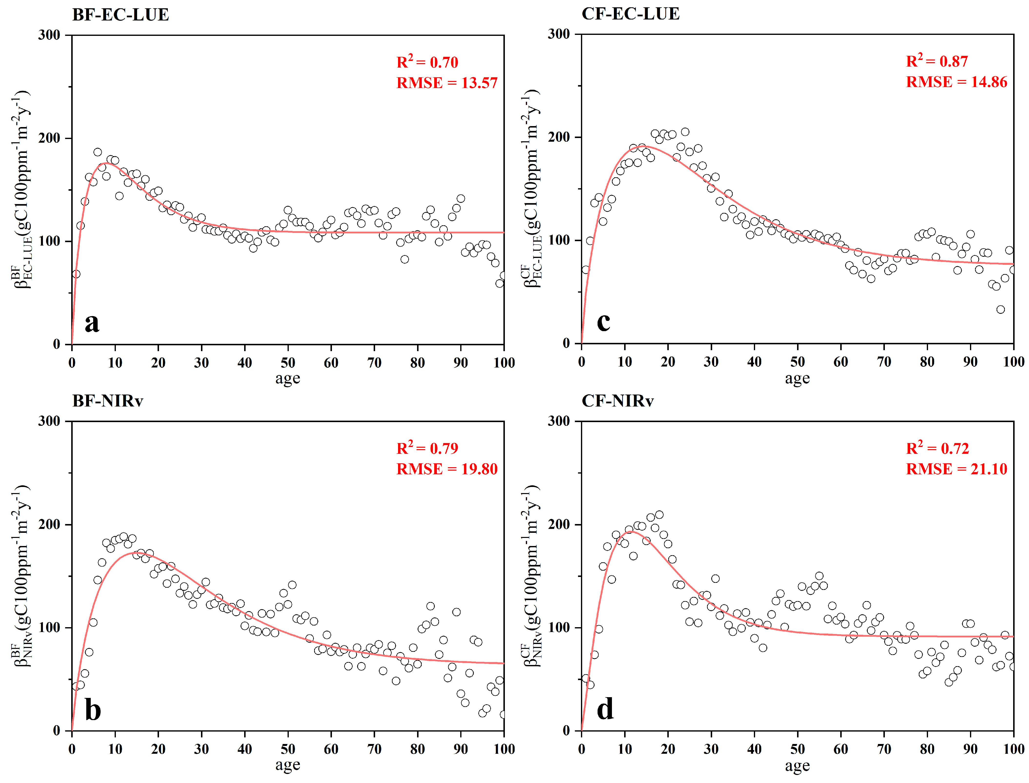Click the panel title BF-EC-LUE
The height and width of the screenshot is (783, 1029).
point(120,15)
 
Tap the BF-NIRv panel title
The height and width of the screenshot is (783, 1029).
point(108,401)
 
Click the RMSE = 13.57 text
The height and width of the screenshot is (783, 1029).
point(447,83)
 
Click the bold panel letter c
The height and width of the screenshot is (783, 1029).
point(603,322)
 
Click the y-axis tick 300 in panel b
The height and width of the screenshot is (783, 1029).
point(49,421)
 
